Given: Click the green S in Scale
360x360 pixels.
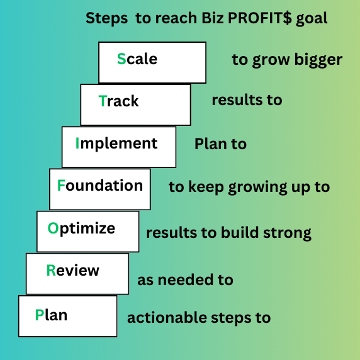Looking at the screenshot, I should click(x=121, y=59).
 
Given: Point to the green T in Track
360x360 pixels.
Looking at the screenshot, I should click(x=103, y=101).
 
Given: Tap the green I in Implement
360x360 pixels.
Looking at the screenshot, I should click(x=77, y=143).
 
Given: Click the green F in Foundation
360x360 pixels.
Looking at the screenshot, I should click(x=61, y=186).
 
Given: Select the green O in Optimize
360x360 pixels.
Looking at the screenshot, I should click(x=53, y=228).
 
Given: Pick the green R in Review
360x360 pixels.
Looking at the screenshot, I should click(x=51, y=271).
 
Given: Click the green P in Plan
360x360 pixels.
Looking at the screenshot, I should click(x=40, y=315).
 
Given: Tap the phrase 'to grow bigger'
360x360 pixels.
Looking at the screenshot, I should click(x=287, y=60).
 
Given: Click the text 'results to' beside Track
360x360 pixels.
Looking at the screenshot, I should click(x=247, y=100).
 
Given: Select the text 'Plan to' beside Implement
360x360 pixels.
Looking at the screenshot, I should click(x=220, y=144).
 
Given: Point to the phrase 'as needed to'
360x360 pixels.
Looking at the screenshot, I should click(x=185, y=280).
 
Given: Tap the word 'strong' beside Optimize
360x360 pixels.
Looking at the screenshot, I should click(x=289, y=233).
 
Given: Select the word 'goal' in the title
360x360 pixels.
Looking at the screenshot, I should click(x=313, y=18).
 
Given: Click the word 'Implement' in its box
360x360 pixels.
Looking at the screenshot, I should click(x=116, y=143).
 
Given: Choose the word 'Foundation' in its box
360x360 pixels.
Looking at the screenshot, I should click(x=100, y=186).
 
